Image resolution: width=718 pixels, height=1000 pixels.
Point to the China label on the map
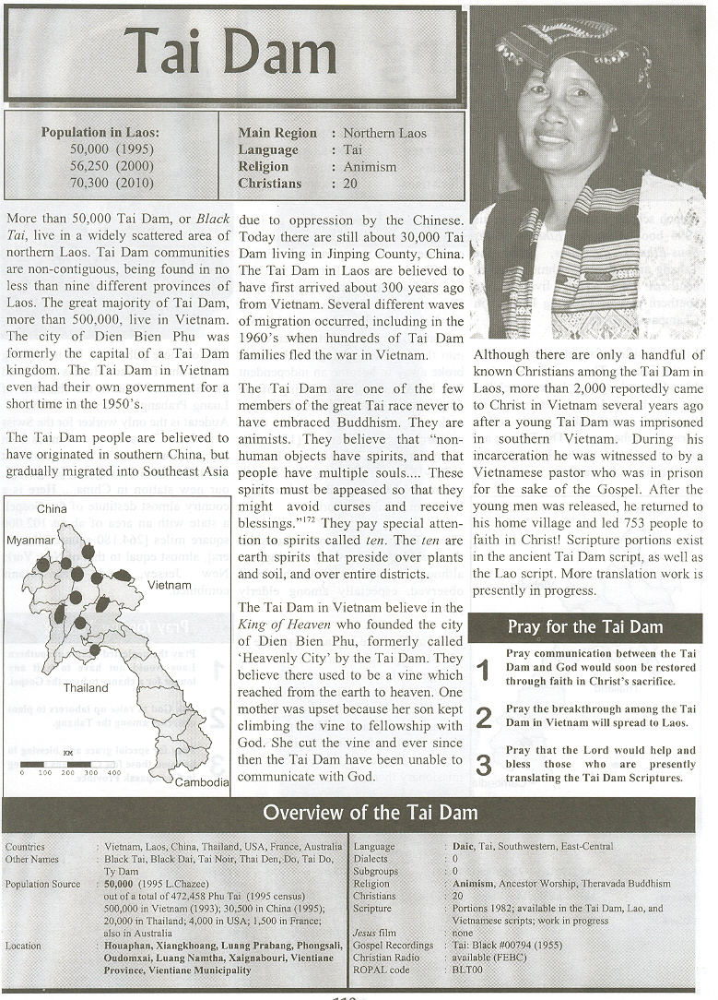click(53, 508)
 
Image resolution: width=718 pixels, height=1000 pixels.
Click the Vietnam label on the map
click(167, 585)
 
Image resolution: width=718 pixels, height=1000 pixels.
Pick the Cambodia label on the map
click(201, 782)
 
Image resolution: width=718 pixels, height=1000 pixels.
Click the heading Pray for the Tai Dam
click(584, 627)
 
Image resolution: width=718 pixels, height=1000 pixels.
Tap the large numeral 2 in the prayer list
click(484, 718)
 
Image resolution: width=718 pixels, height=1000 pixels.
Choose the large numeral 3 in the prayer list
click(484, 765)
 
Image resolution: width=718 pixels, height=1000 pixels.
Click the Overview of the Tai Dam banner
click(370, 813)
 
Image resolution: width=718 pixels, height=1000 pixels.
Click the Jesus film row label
click(373, 933)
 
